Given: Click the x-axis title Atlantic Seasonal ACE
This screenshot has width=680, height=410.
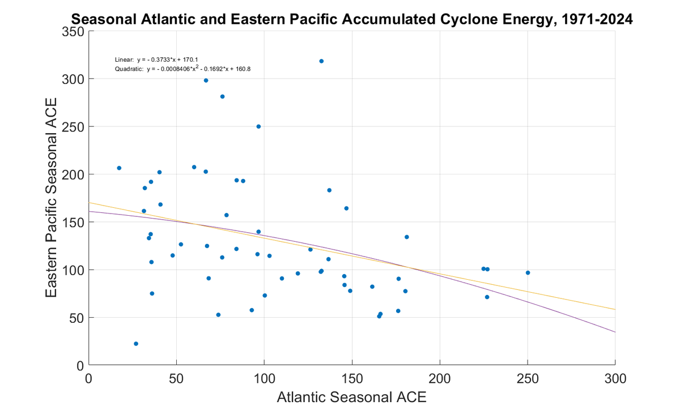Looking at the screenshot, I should pos(351,397).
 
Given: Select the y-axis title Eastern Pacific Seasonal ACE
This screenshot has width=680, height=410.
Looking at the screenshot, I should pos(52,198).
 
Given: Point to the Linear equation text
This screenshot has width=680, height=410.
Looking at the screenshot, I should pos(156,59).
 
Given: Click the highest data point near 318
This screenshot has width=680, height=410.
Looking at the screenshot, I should pos(321,61).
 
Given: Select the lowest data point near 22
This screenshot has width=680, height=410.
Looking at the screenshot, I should pos(136,344).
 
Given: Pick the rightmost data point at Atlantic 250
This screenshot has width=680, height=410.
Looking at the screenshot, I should pos(528,273).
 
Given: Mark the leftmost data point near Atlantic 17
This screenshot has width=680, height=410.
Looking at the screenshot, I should pos(119,168).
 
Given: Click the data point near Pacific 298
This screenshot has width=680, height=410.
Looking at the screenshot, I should pos(206,80).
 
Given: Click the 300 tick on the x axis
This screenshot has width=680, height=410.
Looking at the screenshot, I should pos(615,378).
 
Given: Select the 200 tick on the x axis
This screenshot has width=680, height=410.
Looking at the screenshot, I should pos(440,378).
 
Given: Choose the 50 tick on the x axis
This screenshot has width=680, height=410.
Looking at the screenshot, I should pos(176,378).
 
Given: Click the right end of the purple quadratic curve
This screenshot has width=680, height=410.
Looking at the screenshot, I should pos(614,332).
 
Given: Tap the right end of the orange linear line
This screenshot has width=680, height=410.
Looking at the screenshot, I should pos(614,309).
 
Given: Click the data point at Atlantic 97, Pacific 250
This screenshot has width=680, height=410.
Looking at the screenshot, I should pos(258,126).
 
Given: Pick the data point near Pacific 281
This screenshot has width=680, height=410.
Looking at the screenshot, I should pos(222,97).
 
